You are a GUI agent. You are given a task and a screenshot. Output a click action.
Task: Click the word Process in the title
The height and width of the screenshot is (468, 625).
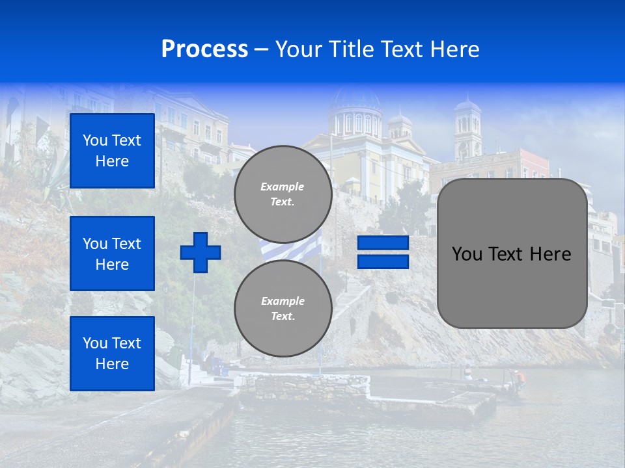(x=204, y=49)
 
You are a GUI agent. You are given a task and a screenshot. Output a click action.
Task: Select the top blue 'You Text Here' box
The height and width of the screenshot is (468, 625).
(x=112, y=151)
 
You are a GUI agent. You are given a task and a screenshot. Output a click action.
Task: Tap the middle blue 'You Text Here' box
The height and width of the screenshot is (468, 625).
(x=112, y=253)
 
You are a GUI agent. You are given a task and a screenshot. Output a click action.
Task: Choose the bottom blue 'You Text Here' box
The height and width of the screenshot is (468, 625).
(x=112, y=354)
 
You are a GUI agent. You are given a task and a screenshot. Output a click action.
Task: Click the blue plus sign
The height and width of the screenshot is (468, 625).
(x=201, y=252)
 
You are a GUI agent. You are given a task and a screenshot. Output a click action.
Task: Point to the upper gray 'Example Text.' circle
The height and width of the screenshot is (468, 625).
(x=283, y=194)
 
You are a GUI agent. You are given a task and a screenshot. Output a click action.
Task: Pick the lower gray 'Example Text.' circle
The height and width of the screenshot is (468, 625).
(x=283, y=308)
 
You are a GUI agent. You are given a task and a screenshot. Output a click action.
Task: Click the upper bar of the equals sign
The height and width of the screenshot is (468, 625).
(x=383, y=243)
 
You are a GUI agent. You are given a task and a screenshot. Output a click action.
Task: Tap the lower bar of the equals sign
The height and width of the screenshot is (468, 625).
(x=383, y=261)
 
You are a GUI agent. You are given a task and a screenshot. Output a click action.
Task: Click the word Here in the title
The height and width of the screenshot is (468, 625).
(x=454, y=49)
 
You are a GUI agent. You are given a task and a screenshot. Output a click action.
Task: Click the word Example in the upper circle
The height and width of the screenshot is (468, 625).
(x=283, y=187)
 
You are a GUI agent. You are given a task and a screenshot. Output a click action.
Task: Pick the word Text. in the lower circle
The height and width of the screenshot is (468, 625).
(x=283, y=316)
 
